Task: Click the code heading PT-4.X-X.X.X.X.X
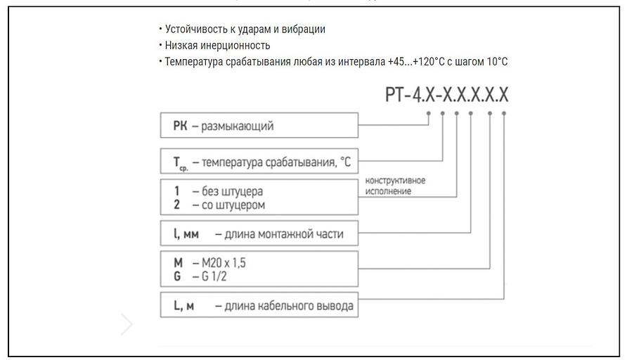446,95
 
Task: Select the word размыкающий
237,127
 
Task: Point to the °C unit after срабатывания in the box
344,162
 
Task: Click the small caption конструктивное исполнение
395,186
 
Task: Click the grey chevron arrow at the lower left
127,324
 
